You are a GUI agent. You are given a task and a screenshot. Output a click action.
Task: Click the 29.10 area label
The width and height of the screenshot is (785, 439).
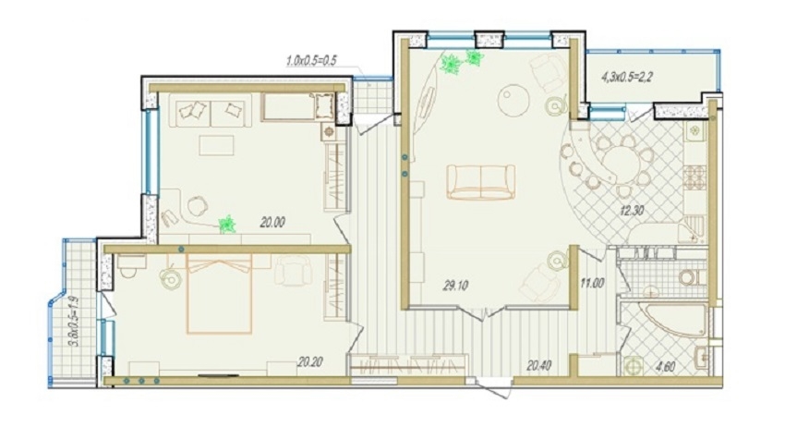coord(455,286)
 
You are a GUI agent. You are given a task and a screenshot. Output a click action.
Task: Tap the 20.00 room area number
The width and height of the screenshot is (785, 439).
coord(272,222)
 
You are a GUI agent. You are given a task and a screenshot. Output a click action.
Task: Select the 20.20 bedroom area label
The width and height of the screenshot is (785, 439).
coord(310,361)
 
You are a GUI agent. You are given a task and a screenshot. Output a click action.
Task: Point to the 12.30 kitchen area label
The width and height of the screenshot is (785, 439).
coord(632,211)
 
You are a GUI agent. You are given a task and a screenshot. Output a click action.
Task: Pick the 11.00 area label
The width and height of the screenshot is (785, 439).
coord(592,283)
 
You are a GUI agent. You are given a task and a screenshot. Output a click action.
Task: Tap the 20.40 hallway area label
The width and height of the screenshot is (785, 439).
coord(539,366)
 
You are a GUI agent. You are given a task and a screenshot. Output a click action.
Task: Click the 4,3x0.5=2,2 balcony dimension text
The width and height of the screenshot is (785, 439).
coord(626,78)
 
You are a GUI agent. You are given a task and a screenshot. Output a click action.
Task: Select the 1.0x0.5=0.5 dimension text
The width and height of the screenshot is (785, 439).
coord(310,61)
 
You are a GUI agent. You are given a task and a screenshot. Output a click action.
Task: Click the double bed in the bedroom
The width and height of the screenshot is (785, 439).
coord(219,294)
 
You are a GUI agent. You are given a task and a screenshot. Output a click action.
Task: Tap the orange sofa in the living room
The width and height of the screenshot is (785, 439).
coord(480,182)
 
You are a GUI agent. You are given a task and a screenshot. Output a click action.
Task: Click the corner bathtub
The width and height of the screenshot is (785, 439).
coord(676,319)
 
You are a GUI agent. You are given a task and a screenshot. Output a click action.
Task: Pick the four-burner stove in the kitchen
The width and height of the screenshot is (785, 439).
coord(694,177)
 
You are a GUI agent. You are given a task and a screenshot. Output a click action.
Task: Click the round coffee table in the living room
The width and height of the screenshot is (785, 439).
coord(513,99)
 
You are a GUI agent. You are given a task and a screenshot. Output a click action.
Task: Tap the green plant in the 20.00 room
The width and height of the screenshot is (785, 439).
coord(228,224)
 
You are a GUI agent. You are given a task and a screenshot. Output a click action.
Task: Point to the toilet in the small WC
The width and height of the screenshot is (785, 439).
coord(691,276)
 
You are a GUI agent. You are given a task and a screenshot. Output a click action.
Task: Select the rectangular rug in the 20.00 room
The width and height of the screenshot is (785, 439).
coord(216,145)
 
